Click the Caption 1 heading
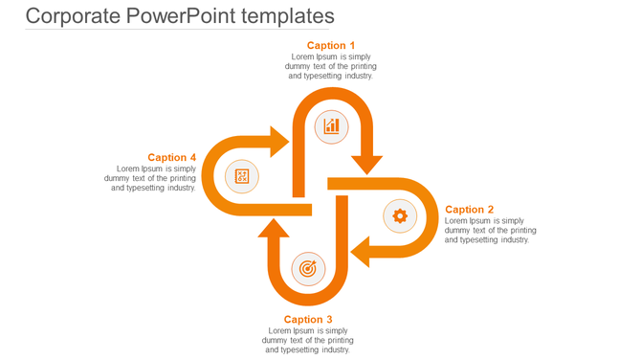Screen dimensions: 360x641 pos(331,45)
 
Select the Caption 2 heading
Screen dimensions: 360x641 pos(470,210)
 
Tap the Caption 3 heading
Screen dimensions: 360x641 pos(308,320)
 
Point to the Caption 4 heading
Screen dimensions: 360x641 pos(172,158)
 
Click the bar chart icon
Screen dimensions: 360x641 pos(332,125)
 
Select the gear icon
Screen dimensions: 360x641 pos(400,216)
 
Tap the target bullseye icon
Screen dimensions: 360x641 pos(307,269)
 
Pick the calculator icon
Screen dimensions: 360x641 pos(242,176)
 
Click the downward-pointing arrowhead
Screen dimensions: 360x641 pos(365,164)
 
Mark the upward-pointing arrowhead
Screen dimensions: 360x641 pos(274,229)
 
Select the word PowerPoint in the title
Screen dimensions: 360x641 pos(183,16)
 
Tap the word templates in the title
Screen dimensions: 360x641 pos(289,16)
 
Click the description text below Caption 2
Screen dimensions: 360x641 pos(490,231)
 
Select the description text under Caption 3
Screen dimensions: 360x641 pos(308,340)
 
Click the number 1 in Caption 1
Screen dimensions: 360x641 pos(351,45)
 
